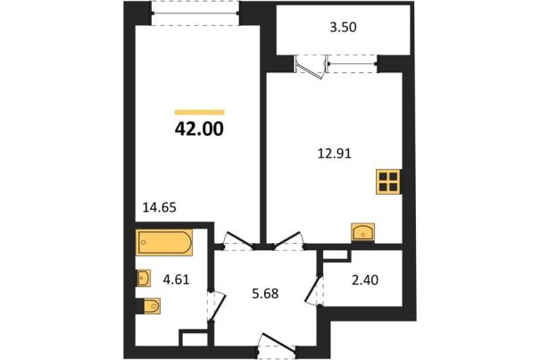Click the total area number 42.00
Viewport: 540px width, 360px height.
pos(199,130)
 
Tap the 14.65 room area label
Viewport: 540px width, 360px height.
pos(160,207)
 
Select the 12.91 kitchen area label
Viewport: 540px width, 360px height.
pos(335,154)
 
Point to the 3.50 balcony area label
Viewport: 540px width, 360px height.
pos(343,27)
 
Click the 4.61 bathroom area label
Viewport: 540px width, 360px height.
pos(177,280)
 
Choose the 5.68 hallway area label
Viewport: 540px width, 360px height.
pos(265,294)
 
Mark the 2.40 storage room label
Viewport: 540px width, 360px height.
pos(365,280)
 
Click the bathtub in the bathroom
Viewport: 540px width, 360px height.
pos(164,242)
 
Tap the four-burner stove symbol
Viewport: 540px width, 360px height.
pos(388,181)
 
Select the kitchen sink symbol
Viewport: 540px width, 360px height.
pos(363,231)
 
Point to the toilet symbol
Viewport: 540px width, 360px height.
pos(150,306)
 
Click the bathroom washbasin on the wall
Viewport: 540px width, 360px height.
pos(144,278)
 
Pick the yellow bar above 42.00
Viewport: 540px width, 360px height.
pos(200,112)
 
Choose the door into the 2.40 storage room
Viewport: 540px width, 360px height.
pos(314,290)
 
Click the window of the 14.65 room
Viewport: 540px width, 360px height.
pos(195,13)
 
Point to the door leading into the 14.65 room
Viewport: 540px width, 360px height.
pos(239,240)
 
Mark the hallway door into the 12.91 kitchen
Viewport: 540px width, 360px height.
pos(288,239)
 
